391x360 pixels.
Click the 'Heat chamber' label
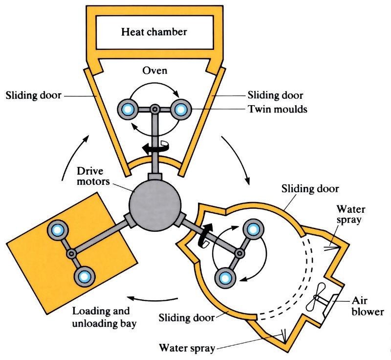154,33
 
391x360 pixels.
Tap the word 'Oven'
154,71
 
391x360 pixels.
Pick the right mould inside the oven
179,109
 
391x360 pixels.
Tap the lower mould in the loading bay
84,277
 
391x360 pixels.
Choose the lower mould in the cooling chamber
225,277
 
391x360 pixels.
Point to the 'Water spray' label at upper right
364,214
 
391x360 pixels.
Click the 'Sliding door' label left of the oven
33,95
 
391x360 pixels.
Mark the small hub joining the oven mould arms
154,109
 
